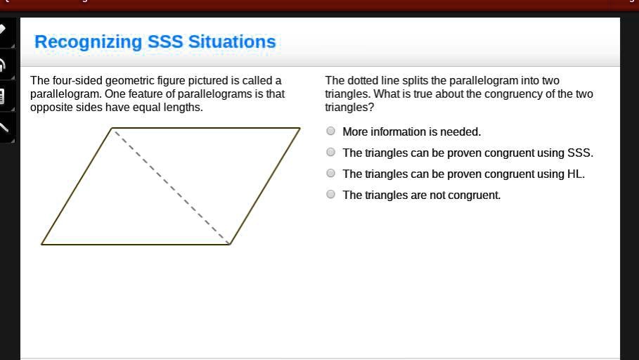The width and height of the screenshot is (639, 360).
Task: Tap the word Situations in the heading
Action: (231, 42)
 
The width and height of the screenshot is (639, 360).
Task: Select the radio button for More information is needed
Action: (331, 131)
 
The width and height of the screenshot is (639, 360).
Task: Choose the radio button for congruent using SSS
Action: (331, 153)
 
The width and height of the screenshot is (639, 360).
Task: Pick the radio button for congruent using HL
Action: (331, 174)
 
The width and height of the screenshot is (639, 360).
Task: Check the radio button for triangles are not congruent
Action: (331, 195)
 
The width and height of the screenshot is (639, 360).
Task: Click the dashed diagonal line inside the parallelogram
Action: (171, 186)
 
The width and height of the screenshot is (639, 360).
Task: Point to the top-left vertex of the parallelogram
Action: (112, 129)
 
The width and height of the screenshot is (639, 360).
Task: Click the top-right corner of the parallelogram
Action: (300, 129)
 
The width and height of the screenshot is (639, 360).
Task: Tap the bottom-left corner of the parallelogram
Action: (41, 244)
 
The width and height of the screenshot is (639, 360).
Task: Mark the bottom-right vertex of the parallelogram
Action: (230, 244)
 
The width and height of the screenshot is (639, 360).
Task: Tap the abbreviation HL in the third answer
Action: (574, 174)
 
